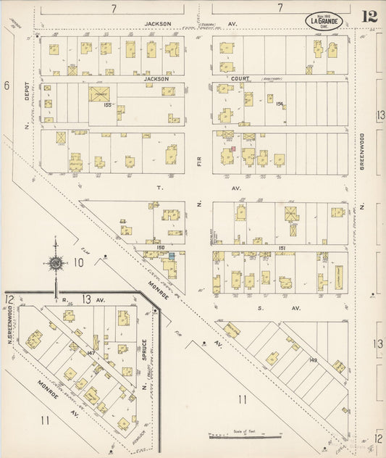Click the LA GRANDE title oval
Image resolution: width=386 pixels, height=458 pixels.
click(322, 20)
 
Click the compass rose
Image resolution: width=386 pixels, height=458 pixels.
click(55, 262)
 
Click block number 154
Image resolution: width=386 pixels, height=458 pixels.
click(279, 104)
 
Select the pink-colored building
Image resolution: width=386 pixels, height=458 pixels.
click(233, 150)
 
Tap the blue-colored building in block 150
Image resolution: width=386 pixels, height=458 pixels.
click(172, 255)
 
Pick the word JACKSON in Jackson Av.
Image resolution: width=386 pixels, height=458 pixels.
click(158, 23)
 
